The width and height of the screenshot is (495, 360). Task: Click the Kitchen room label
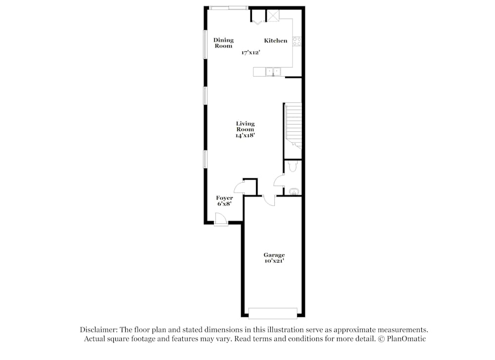pyautogui.click(x=275, y=41)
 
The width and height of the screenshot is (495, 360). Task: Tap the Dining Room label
pyautogui.click(x=223, y=43)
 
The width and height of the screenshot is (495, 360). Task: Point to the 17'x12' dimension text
pyautogui.click(x=251, y=52)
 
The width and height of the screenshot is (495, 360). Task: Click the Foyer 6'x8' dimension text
pyautogui.click(x=224, y=204)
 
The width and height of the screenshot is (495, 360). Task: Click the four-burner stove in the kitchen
pyautogui.click(x=297, y=42)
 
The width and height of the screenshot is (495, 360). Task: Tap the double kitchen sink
pyautogui.click(x=273, y=72)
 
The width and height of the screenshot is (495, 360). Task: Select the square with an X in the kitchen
pyautogui.click(x=273, y=15)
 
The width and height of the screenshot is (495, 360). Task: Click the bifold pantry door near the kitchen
pyautogui.click(x=257, y=20)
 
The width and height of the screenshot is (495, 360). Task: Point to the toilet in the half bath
pyautogui.click(x=292, y=167)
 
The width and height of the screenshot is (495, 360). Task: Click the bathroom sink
pyautogui.click(x=294, y=191)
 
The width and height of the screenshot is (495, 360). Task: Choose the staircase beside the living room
pyautogui.click(x=293, y=124)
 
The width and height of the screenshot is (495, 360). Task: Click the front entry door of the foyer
pyautogui.click(x=221, y=219)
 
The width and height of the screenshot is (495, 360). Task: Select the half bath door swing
pyautogui.click(x=279, y=180)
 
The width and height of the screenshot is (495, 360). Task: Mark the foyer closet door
pyautogui.click(x=239, y=187)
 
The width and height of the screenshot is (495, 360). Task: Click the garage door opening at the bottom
pyautogui.click(x=273, y=313)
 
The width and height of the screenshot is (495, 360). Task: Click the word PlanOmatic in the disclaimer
pyautogui.click(x=408, y=339)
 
